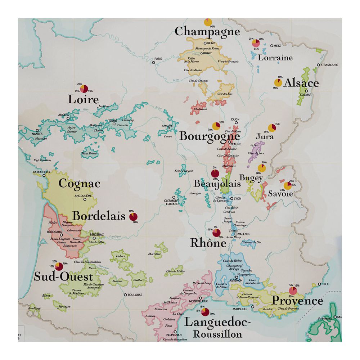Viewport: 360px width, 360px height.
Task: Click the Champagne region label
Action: pyautogui.click(x=207, y=31)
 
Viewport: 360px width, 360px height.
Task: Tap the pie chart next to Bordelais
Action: pyautogui.click(x=133, y=216)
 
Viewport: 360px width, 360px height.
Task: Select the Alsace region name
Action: pyautogui.click(x=301, y=83)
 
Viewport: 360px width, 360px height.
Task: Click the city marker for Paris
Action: pyautogui.click(x=153, y=62)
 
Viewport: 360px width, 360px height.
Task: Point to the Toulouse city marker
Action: pyautogui.click(x=125, y=295)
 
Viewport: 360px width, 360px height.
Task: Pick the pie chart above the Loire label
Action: pyautogui.click(x=84, y=89)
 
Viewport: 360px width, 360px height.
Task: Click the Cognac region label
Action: pyautogui.click(x=79, y=183)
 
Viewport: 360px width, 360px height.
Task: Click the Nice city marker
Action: pyautogui.click(x=319, y=284)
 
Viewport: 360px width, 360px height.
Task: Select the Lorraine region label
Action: pyautogui.click(x=275, y=58)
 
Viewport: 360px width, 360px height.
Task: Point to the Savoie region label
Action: pyautogui.click(x=280, y=194)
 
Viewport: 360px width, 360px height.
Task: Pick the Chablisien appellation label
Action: pyautogui.click(x=200, y=109)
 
